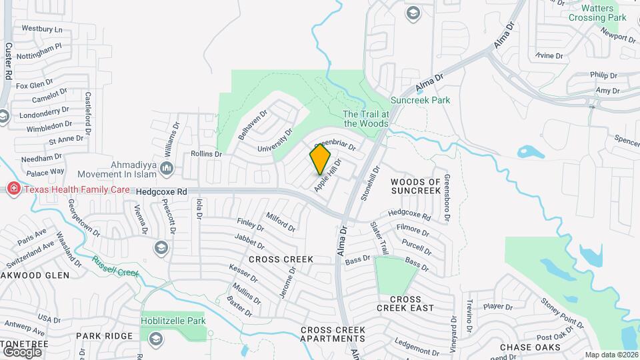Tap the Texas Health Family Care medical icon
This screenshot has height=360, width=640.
click(x=13, y=189)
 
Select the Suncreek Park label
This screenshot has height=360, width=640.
click(x=420, y=100)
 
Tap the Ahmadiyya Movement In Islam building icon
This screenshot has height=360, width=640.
click(x=167, y=169)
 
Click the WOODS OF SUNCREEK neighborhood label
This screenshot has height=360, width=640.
click(x=416, y=186)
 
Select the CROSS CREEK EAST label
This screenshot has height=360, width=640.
click(x=405, y=303)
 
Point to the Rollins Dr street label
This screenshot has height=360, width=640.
click(x=206, y=154)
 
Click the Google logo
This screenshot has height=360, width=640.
click(x=22, y=351)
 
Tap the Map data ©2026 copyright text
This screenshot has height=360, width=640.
click(x=611, y=355)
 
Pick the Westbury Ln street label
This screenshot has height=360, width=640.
click(x=41, y=29)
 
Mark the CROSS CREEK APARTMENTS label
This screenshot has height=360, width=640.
click(x=333, y=334)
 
